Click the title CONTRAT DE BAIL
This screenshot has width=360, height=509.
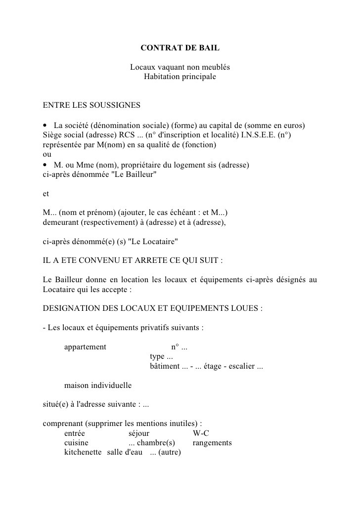point(180,48)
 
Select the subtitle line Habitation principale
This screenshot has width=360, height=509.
point(180,77)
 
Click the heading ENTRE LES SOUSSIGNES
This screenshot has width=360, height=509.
point(91,105)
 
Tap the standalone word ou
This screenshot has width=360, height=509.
point(47,154)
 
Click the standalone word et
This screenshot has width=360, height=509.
point(46,194)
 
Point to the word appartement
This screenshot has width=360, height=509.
point(85,346)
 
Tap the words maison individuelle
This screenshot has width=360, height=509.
point(98,385)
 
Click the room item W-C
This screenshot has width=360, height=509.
point(201,433)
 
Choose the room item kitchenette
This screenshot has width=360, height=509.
point(83,452)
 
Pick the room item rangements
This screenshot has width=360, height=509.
point(212,443)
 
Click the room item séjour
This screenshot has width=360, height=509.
point(139,433)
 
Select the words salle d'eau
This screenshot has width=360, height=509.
point(125,452)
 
